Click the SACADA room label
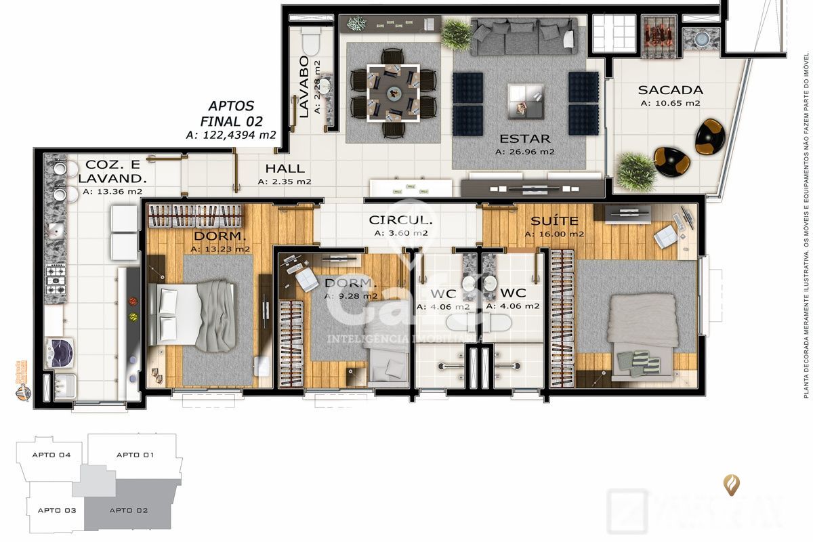[x=670, y=89]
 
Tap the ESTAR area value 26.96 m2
[x=524, y=152]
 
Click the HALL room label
[x=285, y=169]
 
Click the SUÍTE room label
[x=554, y=221]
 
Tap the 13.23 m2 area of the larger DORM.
[x=220, y=249]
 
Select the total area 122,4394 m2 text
[x=230, y=135]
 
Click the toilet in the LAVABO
[x=311, y=42]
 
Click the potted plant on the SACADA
[x=635, y=171]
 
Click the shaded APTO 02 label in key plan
[x=129, y=510]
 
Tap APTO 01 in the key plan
[x=135, y=455]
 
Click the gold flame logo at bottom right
[x=732, y=484]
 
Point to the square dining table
[x=393, y=91]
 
